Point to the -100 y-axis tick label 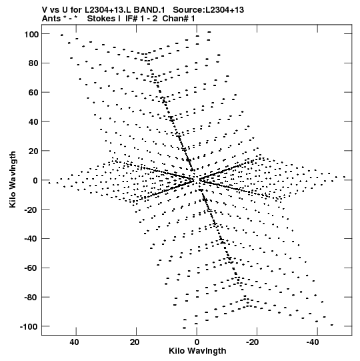pos(29,326)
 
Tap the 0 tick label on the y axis pos(35,180)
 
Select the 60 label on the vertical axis pos(33,93)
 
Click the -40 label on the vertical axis pos(31,239)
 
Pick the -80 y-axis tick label pos(31,297)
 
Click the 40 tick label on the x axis pos(75,342)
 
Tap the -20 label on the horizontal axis pos(253,342)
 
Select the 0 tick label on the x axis pos(197,342)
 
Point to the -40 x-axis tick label pos(313,342)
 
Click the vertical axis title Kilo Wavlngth pos(13,179)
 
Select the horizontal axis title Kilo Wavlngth pos(197,351)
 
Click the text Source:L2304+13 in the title pos(208,10)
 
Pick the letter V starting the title pos(45,10)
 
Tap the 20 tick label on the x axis pos(135,342)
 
